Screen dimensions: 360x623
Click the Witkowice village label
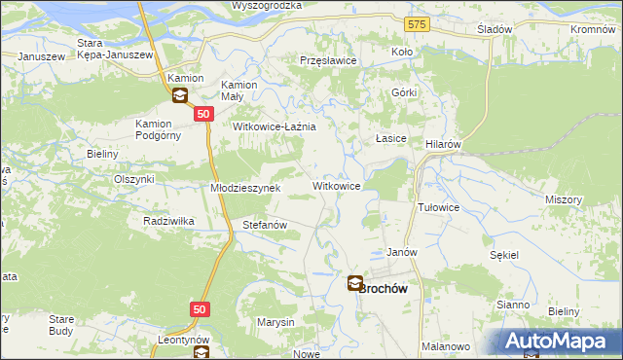pyautogui.click(x=337, y=185)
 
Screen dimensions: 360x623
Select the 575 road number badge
pyautogui.click(x=418, y=21)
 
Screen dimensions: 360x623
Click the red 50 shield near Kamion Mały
pyautogui.click(x=202, y=114)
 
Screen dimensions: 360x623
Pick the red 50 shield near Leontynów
pyautogui.click(x=199, y=308)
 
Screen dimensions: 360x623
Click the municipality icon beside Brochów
pyautogui.click(x=356, y=284)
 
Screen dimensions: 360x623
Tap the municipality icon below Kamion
pyautogui.click(x=180, y=95)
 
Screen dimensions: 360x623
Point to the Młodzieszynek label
pyautogui.click(x=245, y=188)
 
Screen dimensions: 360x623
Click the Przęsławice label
pyautogui.click(x=329, y=59)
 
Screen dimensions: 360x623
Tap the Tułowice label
pyautogui.click(x=438, y=207)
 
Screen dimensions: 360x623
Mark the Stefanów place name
pyautogui.click(x=264, y=225)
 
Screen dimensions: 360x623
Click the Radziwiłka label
pyautogui.click(x=168, y=221)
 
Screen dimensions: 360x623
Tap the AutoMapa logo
pyautogui.click(x=561, y=342)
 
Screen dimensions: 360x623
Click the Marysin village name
pyautogui.click(x=275, y=322)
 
